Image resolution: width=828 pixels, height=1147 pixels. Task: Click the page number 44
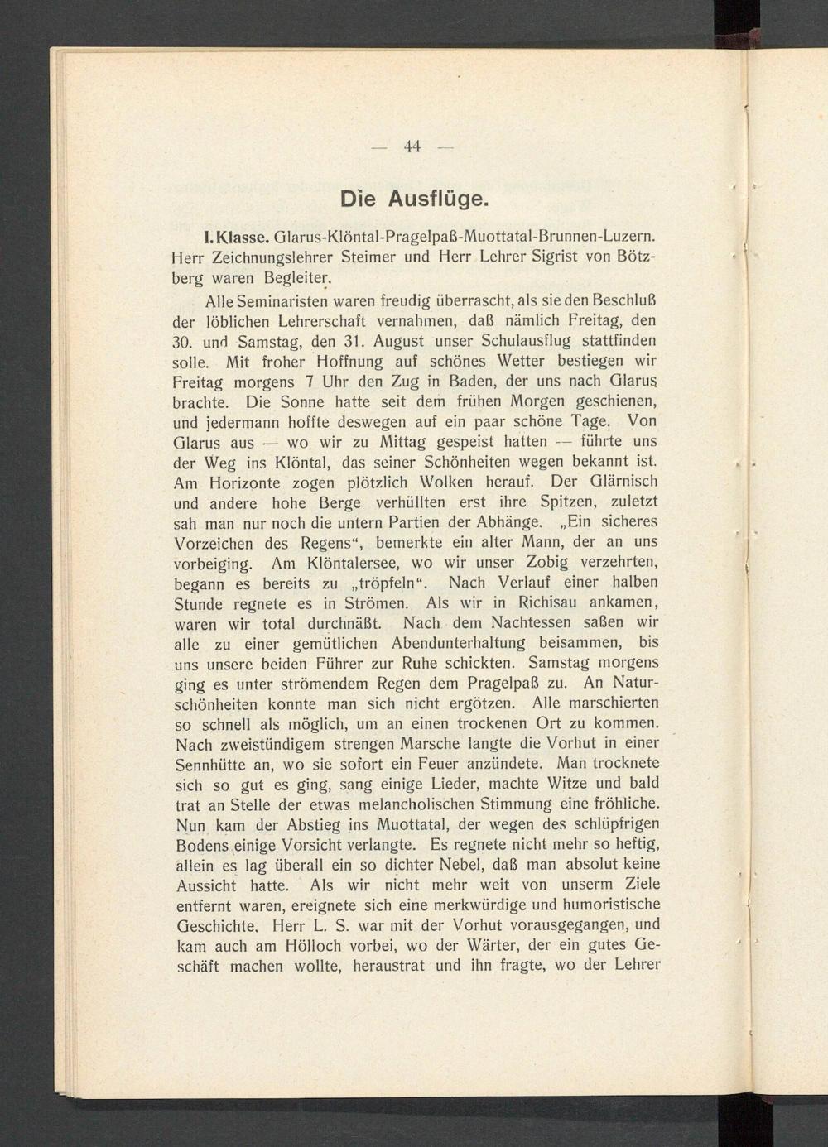pos(412,147)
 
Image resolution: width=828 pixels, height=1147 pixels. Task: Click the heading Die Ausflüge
pos(414,199)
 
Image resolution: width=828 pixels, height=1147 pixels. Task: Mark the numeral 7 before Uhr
pos(307,382)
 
